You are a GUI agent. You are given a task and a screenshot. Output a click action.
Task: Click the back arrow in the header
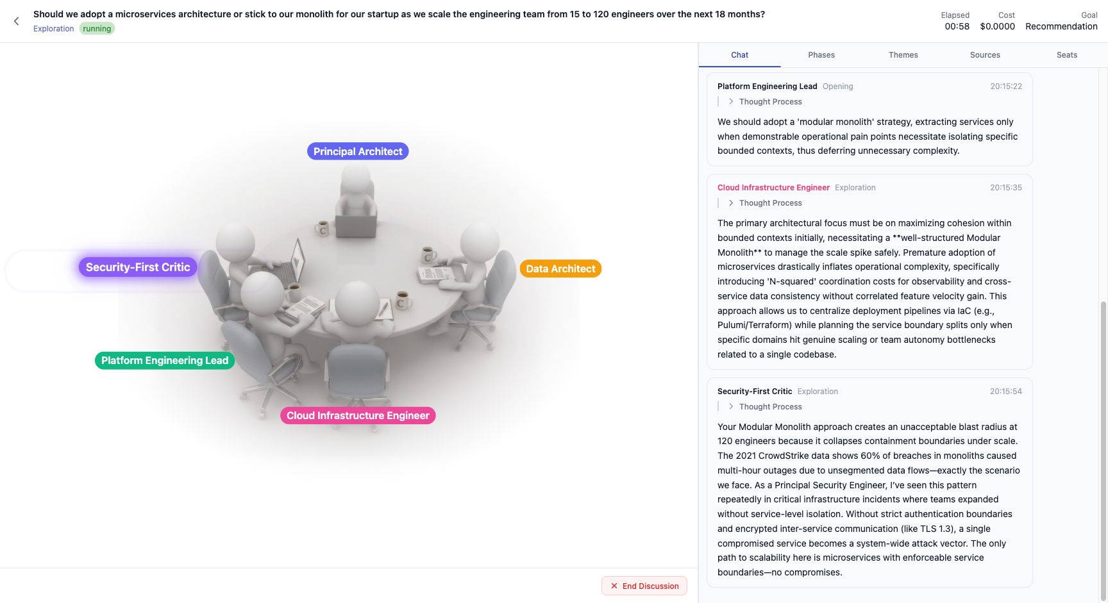pos(17,21)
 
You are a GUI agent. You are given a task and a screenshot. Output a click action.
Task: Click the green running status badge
pos(97,29)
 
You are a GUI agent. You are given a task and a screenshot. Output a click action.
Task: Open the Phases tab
pos(821,55)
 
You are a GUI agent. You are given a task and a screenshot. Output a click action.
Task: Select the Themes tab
pos(903,55)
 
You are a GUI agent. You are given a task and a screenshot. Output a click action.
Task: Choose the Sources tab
pos(985,55)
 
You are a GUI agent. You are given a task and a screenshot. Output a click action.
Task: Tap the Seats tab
pos(1067,55)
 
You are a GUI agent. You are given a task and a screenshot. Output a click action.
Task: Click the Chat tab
pos(739,55)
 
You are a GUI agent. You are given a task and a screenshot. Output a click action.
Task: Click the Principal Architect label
pos(358,151)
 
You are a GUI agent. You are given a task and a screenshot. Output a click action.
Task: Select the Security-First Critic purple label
pos(138,267)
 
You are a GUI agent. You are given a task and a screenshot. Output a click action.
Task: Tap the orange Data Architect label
pos(560,268)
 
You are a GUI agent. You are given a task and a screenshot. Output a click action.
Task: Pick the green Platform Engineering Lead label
pos(165,361)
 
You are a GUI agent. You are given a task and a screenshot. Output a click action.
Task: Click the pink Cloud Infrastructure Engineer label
pos(358,416)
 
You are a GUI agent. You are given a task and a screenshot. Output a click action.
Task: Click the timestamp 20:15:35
pos(1006,188)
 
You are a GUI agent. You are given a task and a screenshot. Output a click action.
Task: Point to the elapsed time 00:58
pos(957,26)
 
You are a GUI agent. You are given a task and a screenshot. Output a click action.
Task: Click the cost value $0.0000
pos(997,26)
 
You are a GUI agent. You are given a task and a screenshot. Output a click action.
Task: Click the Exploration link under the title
pos(53,29)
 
